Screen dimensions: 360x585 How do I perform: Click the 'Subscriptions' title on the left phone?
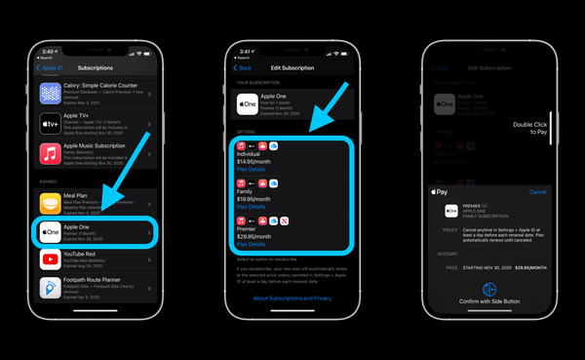pos(96,68)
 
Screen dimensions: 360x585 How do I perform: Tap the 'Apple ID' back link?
pos(51,68)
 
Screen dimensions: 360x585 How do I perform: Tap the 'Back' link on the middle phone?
pos(245,68)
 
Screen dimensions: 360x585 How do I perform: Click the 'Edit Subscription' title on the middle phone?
pos(292,68)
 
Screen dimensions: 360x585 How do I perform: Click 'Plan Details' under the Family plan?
pos(252,207)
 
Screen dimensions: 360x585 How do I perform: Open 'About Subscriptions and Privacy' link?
pos(293,298)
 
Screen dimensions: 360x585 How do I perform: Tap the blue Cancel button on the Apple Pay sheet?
pos(537,192)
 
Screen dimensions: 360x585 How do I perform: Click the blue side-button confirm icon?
pos(490,290)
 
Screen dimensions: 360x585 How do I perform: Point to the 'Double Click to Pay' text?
pos(531,130)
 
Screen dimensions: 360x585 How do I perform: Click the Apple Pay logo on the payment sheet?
pos(441,192)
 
